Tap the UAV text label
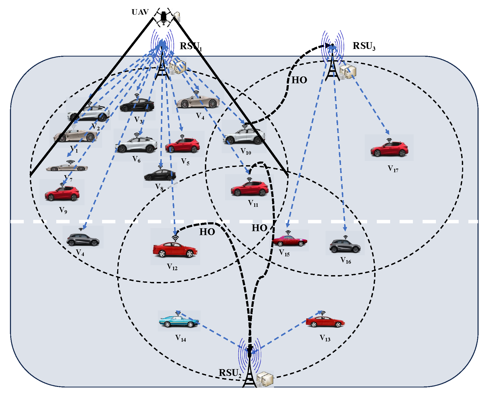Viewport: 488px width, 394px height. tap(140, 12)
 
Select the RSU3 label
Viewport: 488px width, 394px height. tap(364, 46)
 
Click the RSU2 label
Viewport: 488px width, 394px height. tap(230, 373)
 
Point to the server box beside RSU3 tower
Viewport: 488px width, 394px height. tap(348, 72)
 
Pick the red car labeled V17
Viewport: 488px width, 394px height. tap(389, 149)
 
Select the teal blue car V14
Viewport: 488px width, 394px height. tap(179, 321)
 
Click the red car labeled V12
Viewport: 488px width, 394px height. tap(175, 249)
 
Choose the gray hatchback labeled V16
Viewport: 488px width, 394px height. tap(345, 246)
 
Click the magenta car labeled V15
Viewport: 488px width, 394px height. tap(289, 241)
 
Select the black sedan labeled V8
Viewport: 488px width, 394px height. tap(160, 175)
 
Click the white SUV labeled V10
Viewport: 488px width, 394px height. tap(244, 136)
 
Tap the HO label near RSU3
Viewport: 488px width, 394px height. tap(299, 80)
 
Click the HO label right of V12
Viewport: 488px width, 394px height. tap(207, 232)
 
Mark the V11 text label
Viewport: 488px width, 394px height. tap(253, 203)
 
